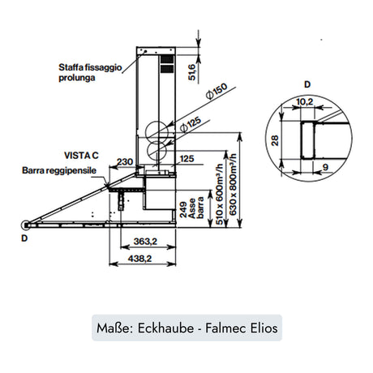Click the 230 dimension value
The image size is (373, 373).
coord(124,161)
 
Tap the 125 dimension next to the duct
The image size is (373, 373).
coord(186,160)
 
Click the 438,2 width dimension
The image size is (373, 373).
coord(142,259)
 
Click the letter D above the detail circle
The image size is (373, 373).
coord(307,84)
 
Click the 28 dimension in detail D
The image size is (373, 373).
coord(276,140)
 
